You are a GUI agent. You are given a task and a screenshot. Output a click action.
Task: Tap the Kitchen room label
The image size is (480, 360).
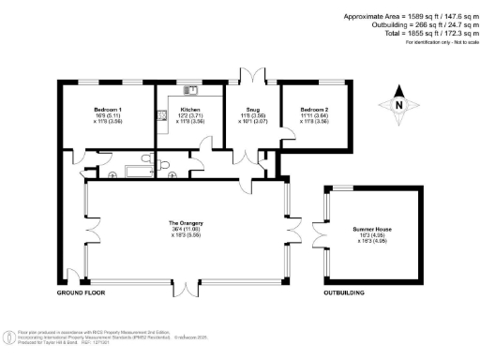189,109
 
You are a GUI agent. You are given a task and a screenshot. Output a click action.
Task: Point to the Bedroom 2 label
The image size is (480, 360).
314,109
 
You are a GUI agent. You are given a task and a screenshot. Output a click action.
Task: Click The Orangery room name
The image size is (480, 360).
186,222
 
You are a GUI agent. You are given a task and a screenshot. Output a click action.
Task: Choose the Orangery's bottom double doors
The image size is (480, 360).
186,286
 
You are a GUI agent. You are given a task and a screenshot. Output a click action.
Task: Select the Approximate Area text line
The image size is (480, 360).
410,16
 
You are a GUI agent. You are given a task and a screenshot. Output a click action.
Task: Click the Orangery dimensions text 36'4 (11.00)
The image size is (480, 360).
186,228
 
